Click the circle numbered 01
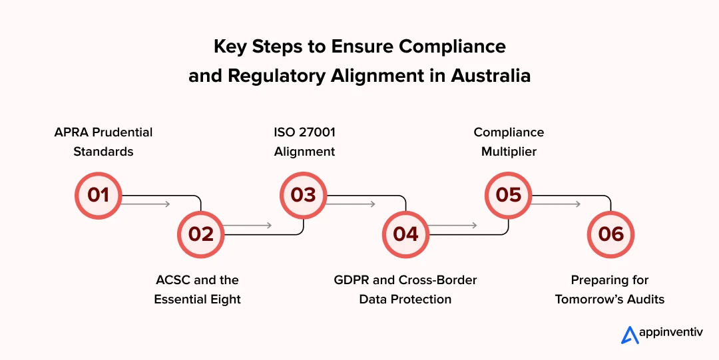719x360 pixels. click(x=98, y=195)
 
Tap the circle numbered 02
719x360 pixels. click(x=200, y=234)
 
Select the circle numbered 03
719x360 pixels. click(x=303, y=195)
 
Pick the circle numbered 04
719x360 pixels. click(x=405, y=234)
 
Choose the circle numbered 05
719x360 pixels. click(x=508, y=195)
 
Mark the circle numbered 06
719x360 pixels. click(x=610, y=234)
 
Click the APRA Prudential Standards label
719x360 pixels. click(x=103, y=142)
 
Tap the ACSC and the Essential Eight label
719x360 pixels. click(x=197, y=289)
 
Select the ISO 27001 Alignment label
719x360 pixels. click(x=305, y=142)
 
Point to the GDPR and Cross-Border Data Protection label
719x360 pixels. click(x=405, y=289)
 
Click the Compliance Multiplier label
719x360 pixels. click(x=509, y=142)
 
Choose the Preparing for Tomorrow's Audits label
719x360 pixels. click(x=610, y=289)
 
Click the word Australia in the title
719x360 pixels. click(x=491, y=76)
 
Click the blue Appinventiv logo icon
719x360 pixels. click(x=630, y=335)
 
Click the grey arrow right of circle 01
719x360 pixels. click(x=146, y=204)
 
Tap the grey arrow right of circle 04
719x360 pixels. click(x=452, y=226)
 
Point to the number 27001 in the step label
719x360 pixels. click(x=317, y=132)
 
